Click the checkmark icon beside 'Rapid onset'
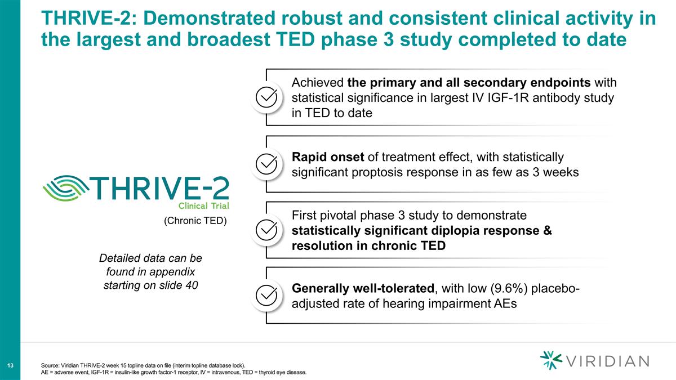click(x=266, y=164)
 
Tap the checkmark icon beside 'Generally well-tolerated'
click(x=266, y=296)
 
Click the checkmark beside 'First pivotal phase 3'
click(x=266, y=230)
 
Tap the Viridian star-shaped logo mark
click(x=550, y=360)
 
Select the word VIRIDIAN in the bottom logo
click(x=607, y=361)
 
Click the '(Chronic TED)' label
click(x=195, y=221)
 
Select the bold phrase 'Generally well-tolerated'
click(x=363, y=289)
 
